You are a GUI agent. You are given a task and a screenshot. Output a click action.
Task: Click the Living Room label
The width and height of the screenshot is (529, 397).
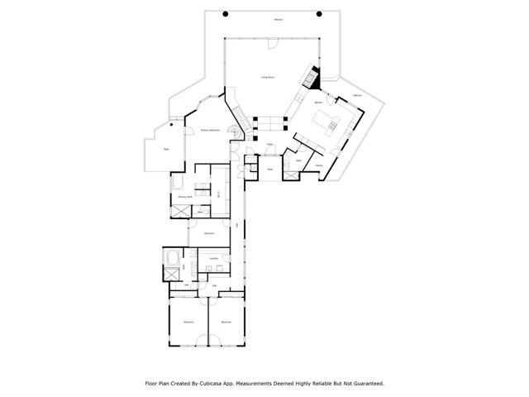(x=268, y=77)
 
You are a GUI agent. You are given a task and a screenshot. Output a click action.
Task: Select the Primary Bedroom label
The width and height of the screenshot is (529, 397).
(x=209, y=131)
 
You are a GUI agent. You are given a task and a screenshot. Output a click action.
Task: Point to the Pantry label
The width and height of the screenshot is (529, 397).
(x=318, y=165)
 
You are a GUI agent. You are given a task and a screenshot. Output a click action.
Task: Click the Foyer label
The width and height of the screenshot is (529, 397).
(x=269, y=145)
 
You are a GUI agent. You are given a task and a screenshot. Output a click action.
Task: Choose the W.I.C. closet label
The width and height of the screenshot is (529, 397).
(x=218, y=194)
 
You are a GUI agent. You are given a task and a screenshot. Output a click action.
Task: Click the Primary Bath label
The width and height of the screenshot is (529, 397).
(x=184, y=197)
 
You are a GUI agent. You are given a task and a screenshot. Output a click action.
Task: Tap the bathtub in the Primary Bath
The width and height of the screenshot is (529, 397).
(x=179, y=182)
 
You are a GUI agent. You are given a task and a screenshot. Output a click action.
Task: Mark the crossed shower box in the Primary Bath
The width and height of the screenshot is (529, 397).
(x=180, y=211)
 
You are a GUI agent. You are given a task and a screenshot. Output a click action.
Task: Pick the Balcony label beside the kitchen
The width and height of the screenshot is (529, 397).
(x=357, y=96)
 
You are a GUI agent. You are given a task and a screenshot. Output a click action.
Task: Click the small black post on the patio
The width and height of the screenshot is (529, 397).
(x=172, y=125)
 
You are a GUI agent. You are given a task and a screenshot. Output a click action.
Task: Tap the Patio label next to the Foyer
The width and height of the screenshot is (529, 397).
(x=269, y=170)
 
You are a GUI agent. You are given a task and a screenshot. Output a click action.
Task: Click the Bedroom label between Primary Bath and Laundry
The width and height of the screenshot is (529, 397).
(x=210, y=233)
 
